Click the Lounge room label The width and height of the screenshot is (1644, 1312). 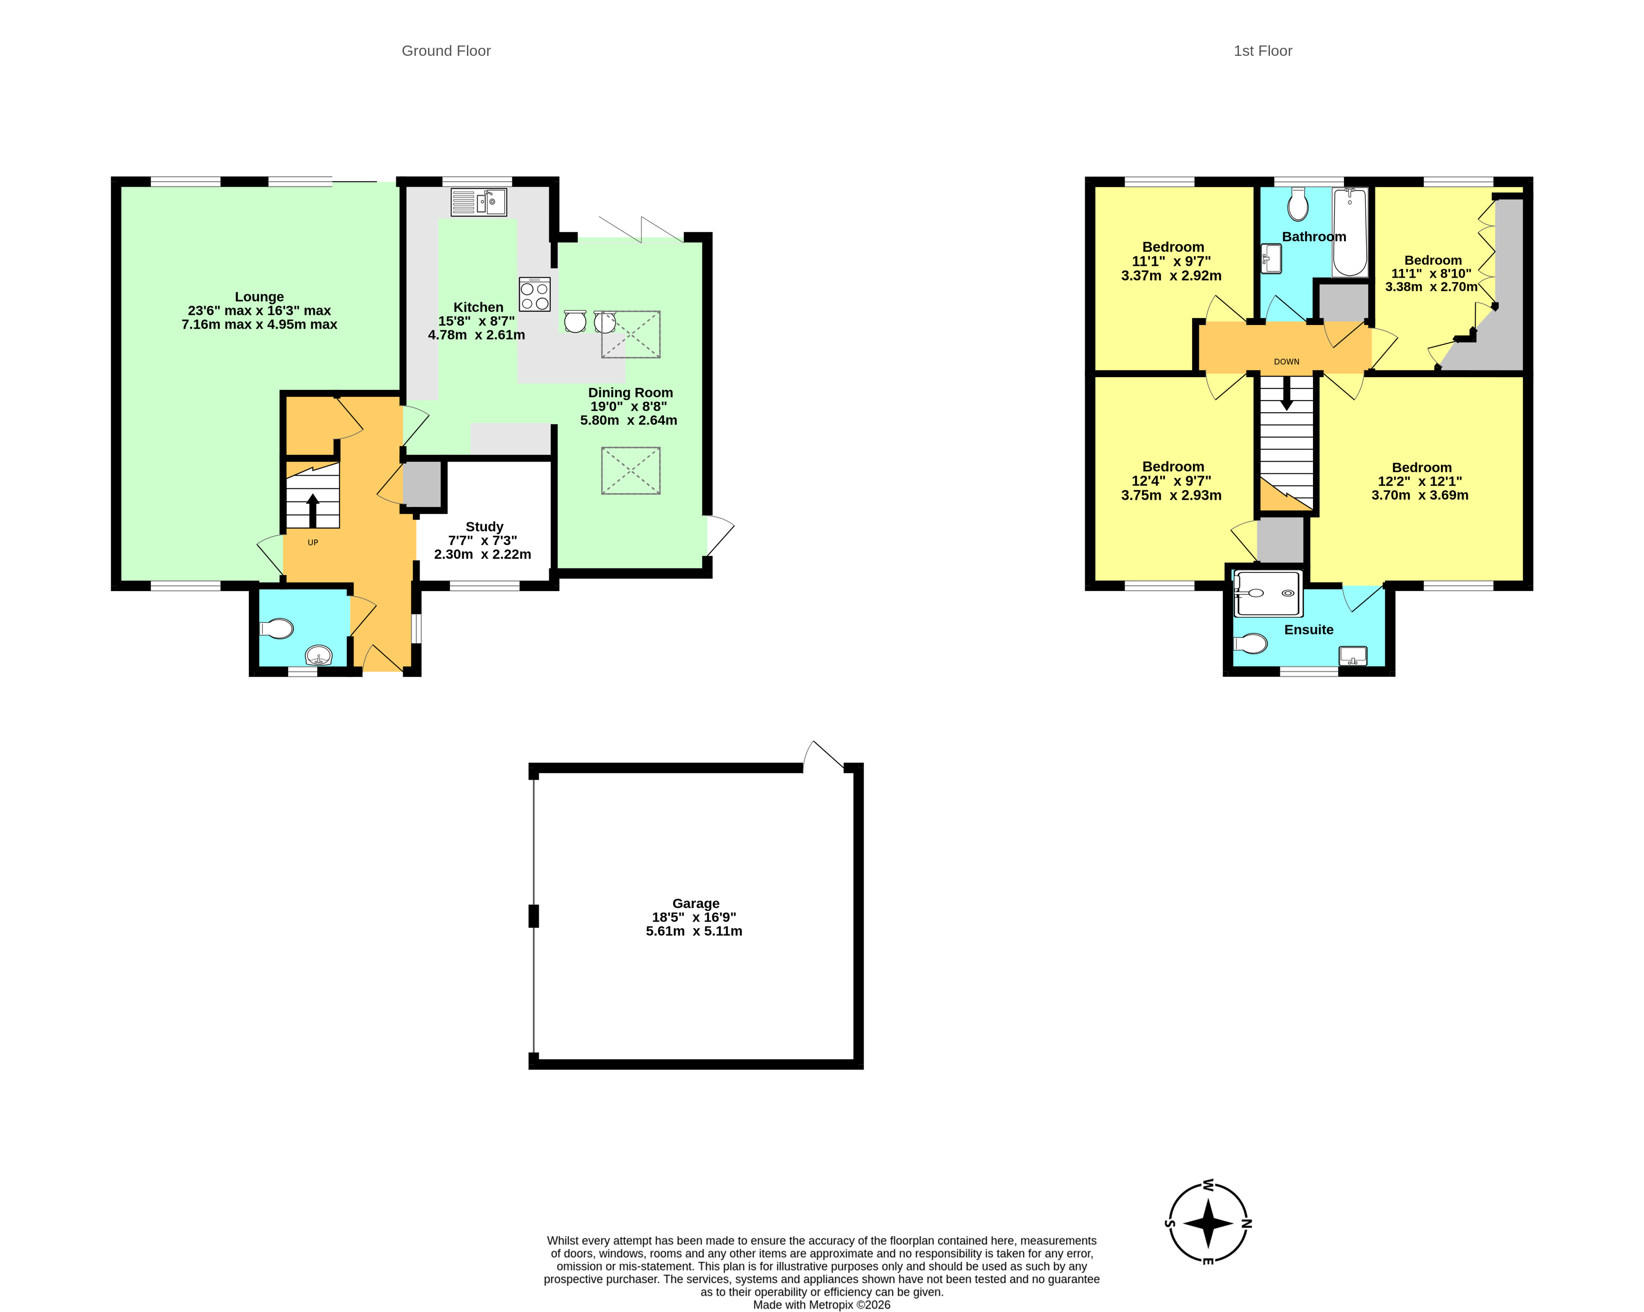pos(259,297)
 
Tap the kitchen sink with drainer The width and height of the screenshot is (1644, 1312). pos(478,202)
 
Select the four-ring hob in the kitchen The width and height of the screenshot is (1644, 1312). pos(534,294)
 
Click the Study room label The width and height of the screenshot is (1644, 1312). pos(484,526)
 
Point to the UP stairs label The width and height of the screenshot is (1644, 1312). pos(313,542)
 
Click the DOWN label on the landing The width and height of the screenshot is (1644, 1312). pos(1286,362)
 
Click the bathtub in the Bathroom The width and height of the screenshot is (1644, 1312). pos(1350,232)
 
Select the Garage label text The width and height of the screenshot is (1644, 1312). pos(695,903)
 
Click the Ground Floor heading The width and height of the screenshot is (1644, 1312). pos(446,51)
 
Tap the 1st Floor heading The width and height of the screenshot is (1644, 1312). pos(1263,51)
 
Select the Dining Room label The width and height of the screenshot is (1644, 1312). pos(630,393)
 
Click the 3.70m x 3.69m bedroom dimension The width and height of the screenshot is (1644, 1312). pos(1420,495)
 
